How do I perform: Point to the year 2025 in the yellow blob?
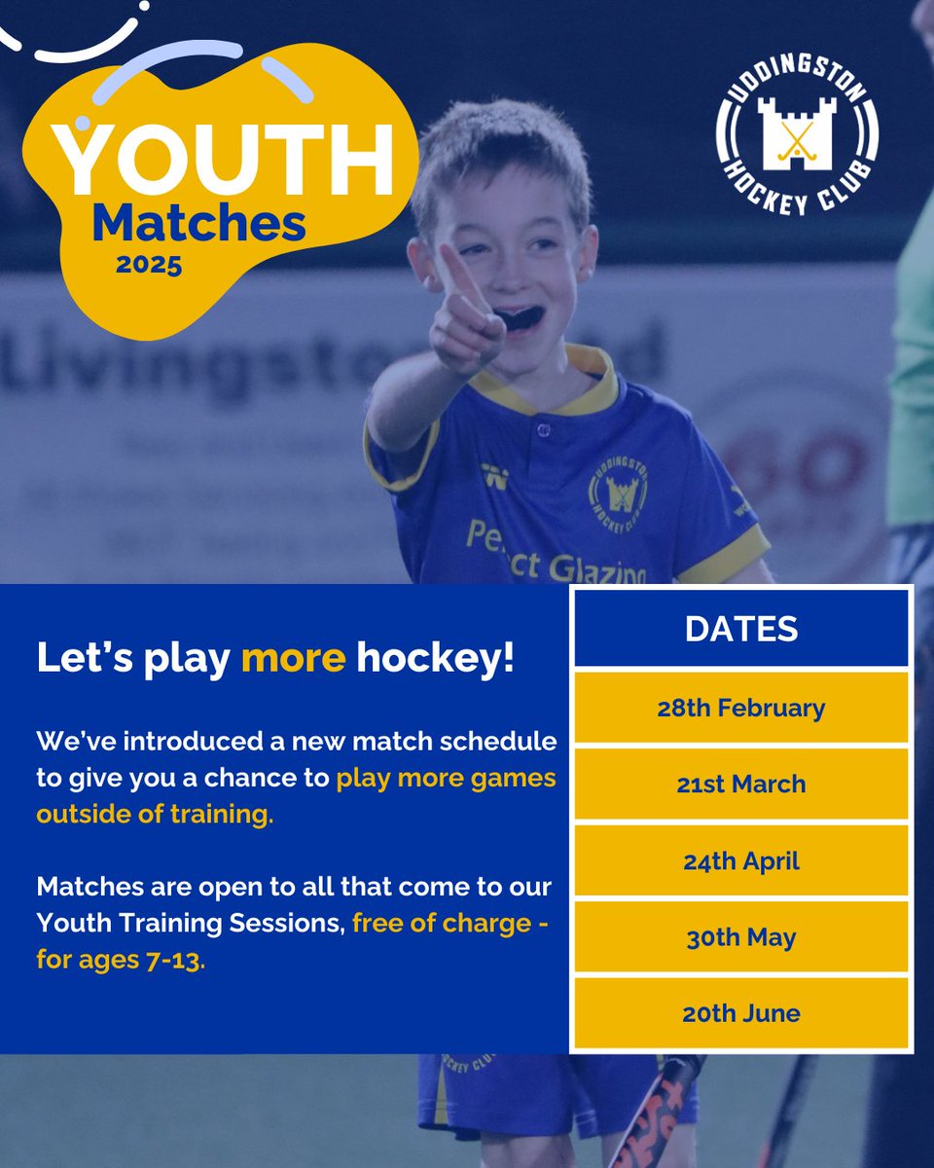(x=149, y=265)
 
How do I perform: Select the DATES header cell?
(x=741, y=629)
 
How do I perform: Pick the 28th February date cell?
(x=741, y=708)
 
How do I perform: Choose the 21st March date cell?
(x=741, y=785)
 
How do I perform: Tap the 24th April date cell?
(x=741, y=861)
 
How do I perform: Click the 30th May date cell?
(x=741, y=937)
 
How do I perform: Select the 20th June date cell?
(x=741, y=1014)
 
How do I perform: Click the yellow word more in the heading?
(x=293, y=659)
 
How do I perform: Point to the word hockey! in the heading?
(x=436, y=659)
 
